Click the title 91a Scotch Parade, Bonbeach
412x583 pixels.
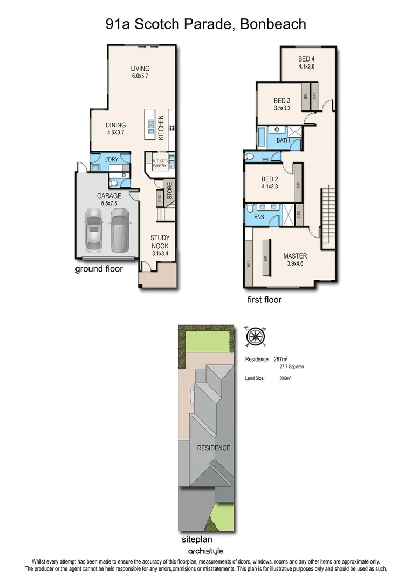point(205,24)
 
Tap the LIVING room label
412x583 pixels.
point(140,69)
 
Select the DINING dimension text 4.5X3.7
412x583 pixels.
point(116,132)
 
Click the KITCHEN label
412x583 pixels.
point(160,128)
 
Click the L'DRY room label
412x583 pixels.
point(111,160)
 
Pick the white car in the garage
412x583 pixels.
point(94,230)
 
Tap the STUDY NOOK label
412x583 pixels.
point(160,241)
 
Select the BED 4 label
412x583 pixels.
point(306,59)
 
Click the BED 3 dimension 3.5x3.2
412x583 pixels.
point(282,108)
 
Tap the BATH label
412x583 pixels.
point(283,140)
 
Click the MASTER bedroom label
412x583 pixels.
point(295,256)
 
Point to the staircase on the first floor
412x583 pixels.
point(327,214)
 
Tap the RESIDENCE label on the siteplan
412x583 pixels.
point(214,448)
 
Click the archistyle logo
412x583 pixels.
point(205,551)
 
